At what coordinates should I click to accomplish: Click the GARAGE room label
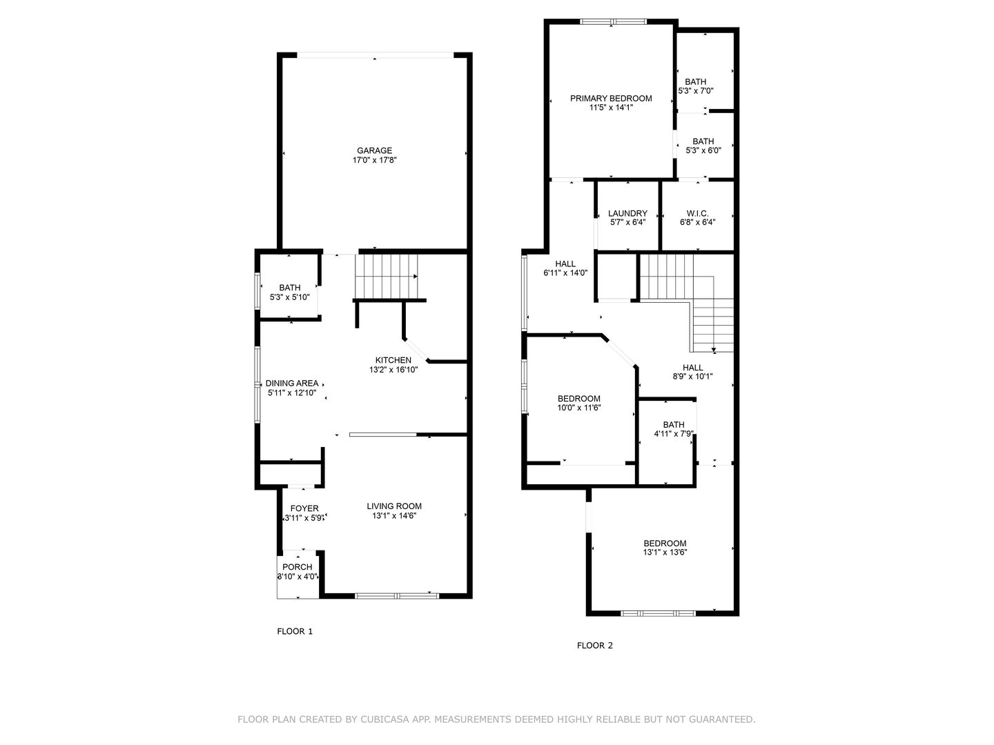click(374, 150)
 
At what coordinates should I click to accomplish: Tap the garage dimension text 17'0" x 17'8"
click(374, 160)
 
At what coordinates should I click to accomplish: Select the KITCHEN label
click(393, 360)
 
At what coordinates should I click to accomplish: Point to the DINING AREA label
click(292, 384)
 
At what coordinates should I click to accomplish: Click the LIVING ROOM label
click(393, 506)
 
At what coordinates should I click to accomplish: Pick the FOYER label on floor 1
click(304, 509)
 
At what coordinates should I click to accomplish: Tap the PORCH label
click(298, 567)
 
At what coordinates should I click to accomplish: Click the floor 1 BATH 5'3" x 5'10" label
click(290, 288)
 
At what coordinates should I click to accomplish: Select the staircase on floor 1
click(387, 275)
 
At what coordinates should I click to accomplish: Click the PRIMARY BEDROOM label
click(611, 99)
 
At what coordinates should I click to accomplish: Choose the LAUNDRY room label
click(627, 214)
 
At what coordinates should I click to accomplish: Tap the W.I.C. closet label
click(697, 214)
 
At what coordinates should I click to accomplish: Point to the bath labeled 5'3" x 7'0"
click(695, 82)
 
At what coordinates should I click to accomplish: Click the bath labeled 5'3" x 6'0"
click(703, 141)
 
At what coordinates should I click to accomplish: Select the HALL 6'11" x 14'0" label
click(565, 264)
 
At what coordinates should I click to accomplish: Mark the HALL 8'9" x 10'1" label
click(692, 368)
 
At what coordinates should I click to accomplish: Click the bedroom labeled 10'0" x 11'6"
click(578, 399)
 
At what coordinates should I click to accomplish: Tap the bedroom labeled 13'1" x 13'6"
click(665, 544)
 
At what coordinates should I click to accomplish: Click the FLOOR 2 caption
click(594, 646)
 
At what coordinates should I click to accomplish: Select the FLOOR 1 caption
click(295, 631)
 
